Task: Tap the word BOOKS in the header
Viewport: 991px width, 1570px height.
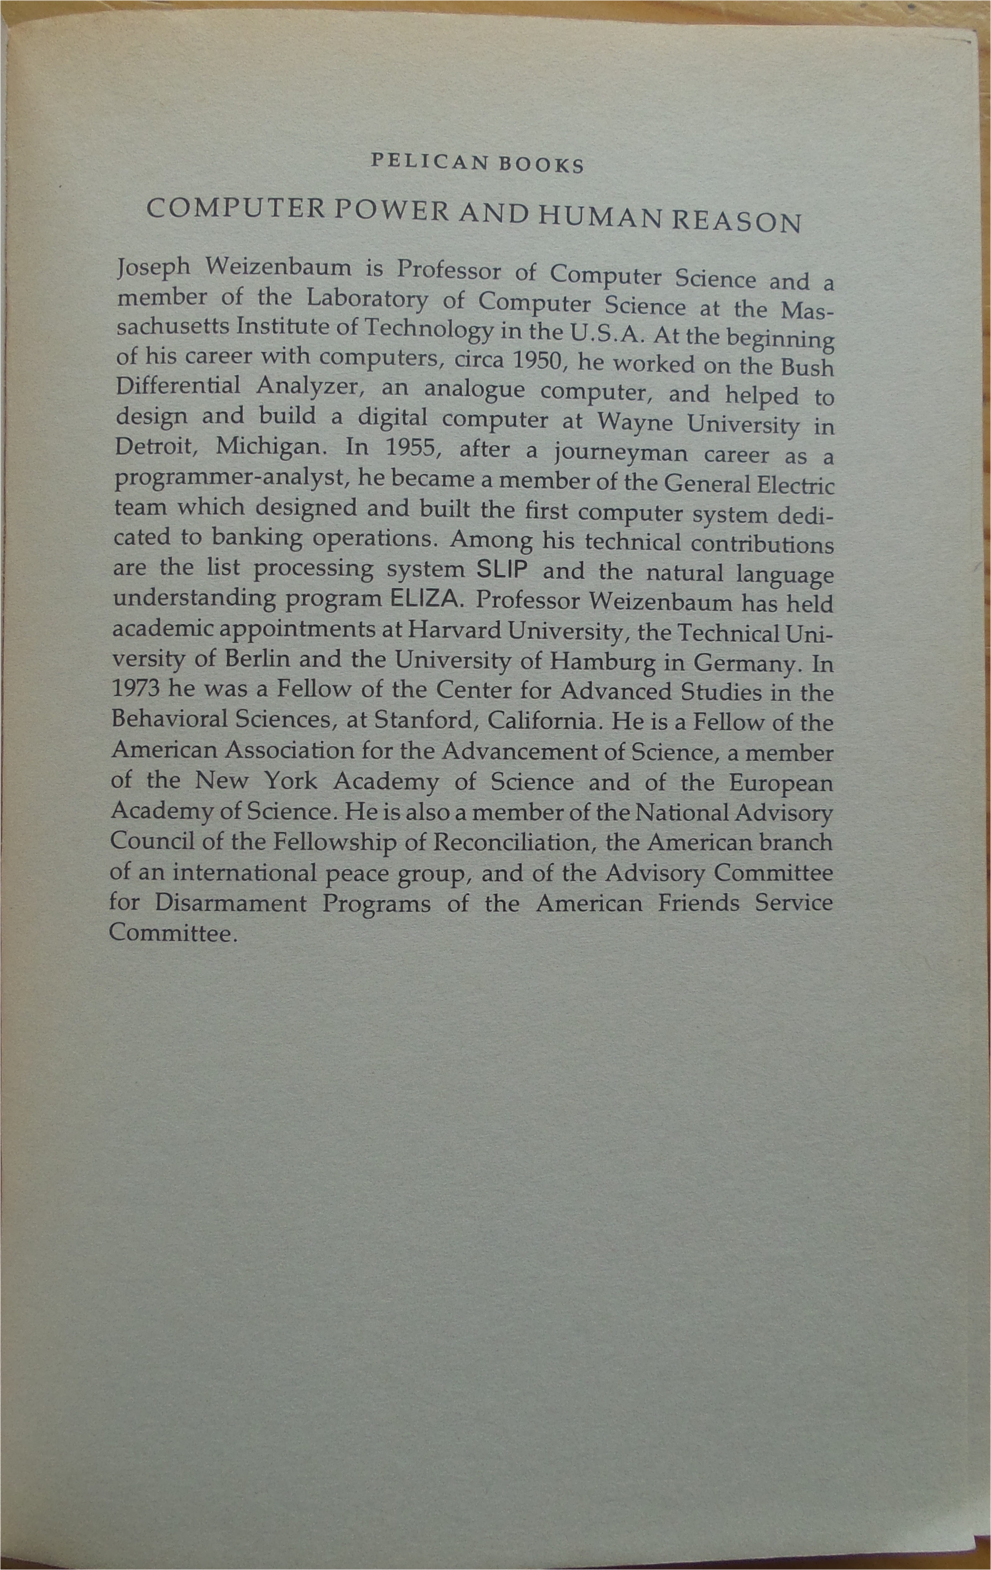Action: (541, 165)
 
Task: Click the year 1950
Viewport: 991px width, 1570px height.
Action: (535, 360)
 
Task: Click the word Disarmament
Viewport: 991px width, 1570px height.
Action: (231, 903)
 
